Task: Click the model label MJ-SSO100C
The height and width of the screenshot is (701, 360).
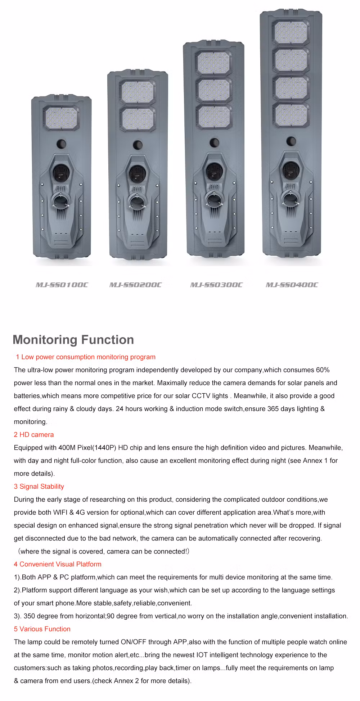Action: pyautogui.click(x=62, y=285)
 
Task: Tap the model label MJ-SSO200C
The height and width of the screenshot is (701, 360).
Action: pyautogui.click(x=135, y=285)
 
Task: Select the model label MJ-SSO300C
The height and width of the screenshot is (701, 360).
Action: pyautogui.click(x=216, y=285)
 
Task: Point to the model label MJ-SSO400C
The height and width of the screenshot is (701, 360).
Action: pyautogui.click(x=292, y=285)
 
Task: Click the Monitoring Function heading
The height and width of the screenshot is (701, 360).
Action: pyautogui.click(x=73, y=340)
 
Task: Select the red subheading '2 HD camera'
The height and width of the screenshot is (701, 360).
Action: pyautogui.click(x=34, y=435)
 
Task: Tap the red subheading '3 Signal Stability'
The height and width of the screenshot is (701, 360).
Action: pyautogui.click(x=39, y=487)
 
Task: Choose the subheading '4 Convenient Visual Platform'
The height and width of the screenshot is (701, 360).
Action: pyautogui.click(x=58, y=564)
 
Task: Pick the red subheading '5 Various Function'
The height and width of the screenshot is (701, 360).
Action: pyautogui.click(x=42, y=629)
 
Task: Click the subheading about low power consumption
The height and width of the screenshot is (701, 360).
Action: pyautogui.click(x=86, y=357)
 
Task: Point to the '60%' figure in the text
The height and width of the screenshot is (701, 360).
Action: pyautogui.click(x=323, y=370)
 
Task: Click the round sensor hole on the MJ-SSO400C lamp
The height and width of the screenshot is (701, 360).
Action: pyautogui.click(x=291, y=141)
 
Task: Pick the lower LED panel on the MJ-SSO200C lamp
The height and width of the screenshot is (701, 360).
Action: pyautogui.click(x=138, y=119)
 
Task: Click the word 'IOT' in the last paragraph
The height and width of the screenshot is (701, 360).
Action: pyautogui.click(x=202, y=655)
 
